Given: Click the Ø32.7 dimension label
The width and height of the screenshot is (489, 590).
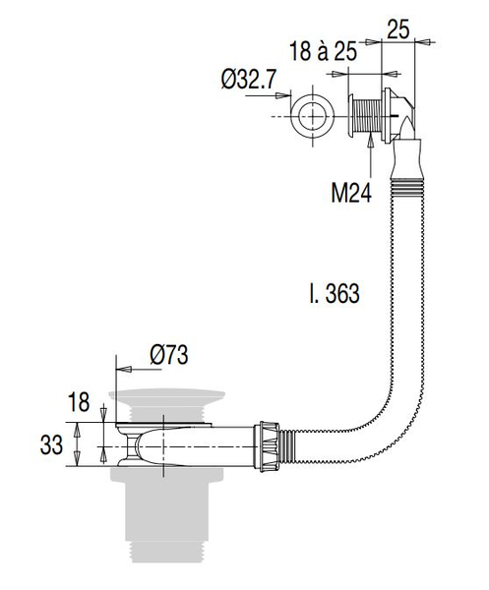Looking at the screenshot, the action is pos(249,79).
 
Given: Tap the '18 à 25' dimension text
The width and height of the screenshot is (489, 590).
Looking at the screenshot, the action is pos(323,51).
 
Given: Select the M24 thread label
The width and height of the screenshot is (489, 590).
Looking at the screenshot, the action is pos(351,194).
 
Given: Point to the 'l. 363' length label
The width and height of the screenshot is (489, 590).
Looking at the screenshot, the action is pos(335,293).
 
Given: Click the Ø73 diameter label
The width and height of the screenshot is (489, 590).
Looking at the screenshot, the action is pos(169,354).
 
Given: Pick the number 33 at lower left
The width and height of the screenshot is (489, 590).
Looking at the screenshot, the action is pos(51,445).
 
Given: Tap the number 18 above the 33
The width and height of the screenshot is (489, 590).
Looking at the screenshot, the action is pos(79,402).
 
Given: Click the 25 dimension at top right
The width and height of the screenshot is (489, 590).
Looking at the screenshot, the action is pos(398,29).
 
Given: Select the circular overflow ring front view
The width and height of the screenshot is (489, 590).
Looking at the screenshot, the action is pos(313,116).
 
